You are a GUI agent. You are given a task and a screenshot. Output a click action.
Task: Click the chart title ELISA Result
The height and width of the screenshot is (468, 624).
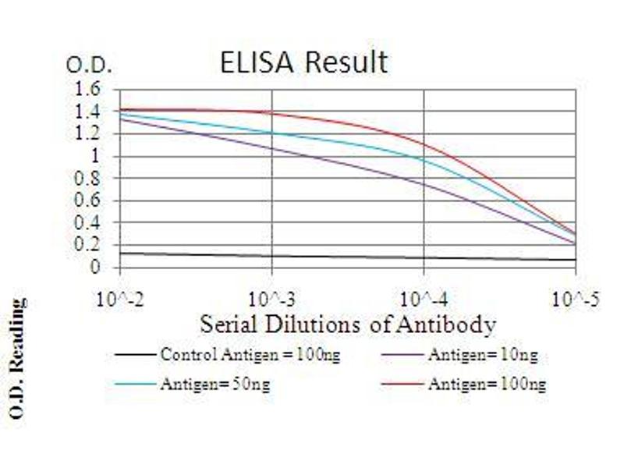tap(303, 62)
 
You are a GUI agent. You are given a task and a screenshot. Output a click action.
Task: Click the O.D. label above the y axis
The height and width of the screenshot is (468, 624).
tap(89, 66)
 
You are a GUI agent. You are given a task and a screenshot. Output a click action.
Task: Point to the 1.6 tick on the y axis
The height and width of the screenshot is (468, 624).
tap(90, 90)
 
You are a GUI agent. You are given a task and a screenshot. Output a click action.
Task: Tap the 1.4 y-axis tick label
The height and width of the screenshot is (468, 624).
tap(90, 112)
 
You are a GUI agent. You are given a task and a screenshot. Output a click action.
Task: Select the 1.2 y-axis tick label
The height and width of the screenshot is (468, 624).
tap(90, 134)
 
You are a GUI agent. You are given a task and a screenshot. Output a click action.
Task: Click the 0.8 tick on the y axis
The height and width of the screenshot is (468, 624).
tap(90, 179)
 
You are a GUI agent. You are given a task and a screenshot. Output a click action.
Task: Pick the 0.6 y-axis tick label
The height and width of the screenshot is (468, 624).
tap(90, 200)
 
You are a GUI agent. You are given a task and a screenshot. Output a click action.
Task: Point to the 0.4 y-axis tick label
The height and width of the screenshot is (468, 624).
tap(90, 223)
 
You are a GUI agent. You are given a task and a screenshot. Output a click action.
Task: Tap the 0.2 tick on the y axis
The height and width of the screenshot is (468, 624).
tap(90, 245)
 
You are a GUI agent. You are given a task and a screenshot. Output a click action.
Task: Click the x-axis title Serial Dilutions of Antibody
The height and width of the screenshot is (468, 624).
tap(348, 323)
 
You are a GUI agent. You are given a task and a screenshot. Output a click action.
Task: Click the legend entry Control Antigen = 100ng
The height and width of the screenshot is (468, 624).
tap(250, 356)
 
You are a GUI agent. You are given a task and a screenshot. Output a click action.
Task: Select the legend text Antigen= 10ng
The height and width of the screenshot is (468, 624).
tap(482, 356)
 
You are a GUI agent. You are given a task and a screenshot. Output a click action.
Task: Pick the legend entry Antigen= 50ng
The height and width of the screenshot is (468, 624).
tap(215, 384)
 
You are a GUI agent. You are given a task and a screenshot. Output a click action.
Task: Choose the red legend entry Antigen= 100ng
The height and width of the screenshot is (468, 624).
tap(486, 384)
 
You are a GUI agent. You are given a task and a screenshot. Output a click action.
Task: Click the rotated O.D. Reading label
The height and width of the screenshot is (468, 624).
tap(16, 360)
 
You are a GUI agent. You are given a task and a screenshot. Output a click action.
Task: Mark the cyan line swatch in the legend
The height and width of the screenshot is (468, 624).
tap(135, 384)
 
